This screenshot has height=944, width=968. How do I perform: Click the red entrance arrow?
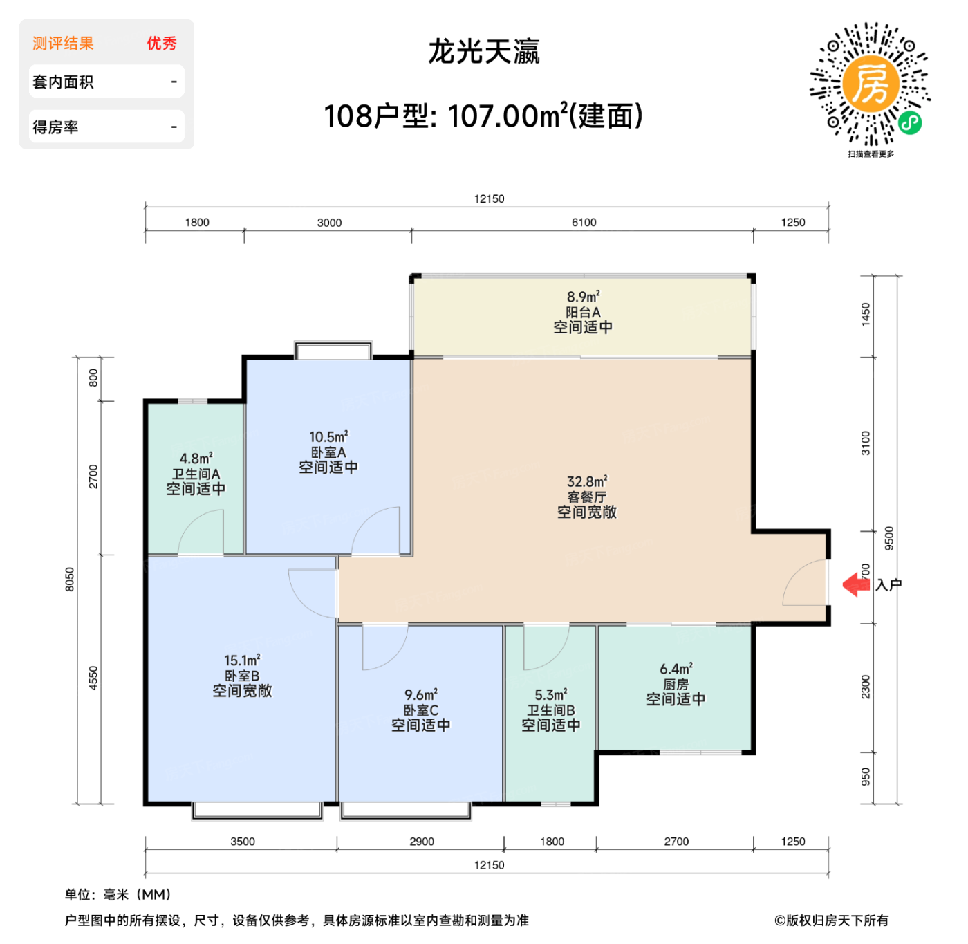[855, 585]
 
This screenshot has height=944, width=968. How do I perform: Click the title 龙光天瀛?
[483, 52]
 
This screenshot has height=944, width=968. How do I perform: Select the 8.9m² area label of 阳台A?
[583, 297]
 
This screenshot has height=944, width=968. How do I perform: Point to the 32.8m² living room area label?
[587, 481]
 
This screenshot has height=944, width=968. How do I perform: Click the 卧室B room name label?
[242, 676]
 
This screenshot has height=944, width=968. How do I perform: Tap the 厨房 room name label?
[676, 684]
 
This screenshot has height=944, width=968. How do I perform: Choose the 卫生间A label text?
[196, 474]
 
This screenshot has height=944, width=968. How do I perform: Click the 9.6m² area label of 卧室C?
[421, 694]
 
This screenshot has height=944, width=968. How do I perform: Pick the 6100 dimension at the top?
[584, 223]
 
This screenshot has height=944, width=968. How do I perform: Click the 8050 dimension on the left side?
[69, 580]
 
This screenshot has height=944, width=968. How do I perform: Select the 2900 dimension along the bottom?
[422, 842]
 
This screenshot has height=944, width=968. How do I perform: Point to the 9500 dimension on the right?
[889, 539]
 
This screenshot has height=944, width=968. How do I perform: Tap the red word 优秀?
[162, 44]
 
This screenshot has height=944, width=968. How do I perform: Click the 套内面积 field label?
[63, 82]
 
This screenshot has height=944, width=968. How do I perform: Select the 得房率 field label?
[55, 127]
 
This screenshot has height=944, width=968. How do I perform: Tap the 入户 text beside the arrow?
[888, 585]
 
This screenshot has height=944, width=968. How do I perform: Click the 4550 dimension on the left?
[93, 678]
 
